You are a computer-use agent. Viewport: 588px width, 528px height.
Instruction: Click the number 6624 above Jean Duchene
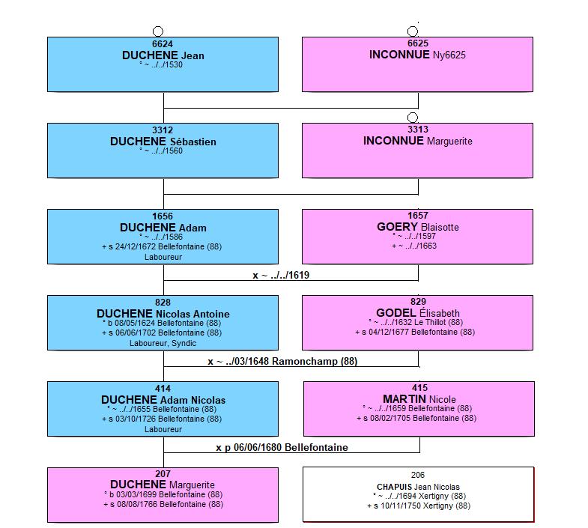pos(163,44)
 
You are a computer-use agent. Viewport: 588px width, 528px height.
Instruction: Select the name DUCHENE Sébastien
pos(163,142)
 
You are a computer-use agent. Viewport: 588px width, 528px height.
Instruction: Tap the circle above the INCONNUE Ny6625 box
pos(413,31)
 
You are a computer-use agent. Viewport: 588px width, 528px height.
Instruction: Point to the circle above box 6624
pos(158,31)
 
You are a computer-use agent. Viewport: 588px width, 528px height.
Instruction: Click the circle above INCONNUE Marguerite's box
pos(413,118)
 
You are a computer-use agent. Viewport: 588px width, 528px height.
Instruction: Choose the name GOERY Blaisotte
pos(418,227)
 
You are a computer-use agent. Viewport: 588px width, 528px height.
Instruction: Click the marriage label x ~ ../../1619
pos(281,276)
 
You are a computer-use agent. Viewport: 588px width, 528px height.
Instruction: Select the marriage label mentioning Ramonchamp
pos(282,362)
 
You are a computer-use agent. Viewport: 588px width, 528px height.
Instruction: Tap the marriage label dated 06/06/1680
pos(282,447)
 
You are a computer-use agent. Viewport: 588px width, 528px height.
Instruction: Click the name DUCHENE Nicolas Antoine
pos(163,314)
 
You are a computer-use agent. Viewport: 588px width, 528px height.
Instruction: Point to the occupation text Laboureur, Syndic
pos(163,343)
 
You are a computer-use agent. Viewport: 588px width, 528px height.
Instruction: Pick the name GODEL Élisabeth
pos(418,313)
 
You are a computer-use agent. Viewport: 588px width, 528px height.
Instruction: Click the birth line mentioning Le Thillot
pos(416,322)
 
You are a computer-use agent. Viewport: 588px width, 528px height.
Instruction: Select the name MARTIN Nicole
pos(419,399)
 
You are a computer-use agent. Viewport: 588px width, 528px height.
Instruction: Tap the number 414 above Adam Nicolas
pos(163,389)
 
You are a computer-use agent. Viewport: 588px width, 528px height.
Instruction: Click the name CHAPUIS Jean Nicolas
pos(418,487)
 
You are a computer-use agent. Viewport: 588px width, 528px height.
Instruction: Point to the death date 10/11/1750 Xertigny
pos(419,506)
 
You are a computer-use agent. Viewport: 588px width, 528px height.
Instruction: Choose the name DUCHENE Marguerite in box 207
pos(163,485)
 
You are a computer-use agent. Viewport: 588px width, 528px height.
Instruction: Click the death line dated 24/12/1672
pos(162,246)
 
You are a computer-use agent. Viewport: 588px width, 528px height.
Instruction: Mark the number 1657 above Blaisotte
pos(418,216)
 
